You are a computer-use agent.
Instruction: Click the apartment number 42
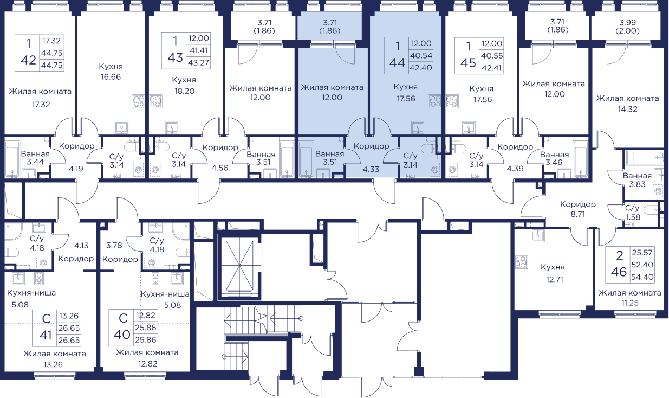tap(28, 60)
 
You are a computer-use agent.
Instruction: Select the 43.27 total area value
tap(198, 63)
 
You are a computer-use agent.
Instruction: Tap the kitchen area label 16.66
tap(111, 77)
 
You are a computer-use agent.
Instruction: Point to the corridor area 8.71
tap(577, 214)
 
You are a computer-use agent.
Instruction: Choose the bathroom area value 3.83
tap(638, 184)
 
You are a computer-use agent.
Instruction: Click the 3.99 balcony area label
tap(627, 22)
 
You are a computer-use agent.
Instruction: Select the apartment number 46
tap(619, 272)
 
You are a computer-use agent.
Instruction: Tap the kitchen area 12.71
tap(554, 279)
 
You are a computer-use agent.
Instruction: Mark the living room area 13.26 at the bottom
tap(53, 364)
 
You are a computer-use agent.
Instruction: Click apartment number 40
tap(122, 335)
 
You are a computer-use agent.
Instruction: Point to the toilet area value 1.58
tap(633, 217)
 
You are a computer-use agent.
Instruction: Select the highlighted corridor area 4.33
tap(371, 169)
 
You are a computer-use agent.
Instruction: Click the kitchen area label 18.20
tap(184, 91)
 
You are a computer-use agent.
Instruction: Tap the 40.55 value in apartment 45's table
tap(492, 56)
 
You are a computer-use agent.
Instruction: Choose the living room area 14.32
tap(627, 109)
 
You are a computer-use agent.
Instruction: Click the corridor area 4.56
tap(220, 168)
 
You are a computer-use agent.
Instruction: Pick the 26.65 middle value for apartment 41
tap(69, 328)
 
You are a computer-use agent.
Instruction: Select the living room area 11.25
tap(630, 303)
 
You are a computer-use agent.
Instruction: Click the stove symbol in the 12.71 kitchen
tap(521, 262)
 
